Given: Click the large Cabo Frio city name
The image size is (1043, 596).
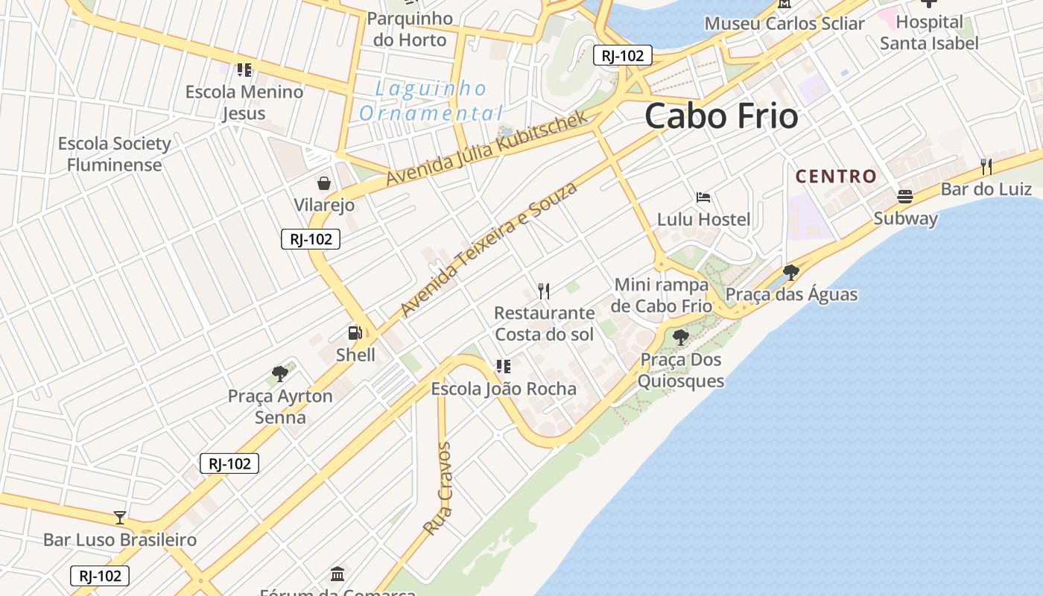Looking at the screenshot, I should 720,116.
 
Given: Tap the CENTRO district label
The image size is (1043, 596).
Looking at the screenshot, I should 836,177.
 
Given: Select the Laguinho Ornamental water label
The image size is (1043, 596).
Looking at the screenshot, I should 431,101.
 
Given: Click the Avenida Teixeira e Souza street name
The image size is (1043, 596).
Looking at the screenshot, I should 489,249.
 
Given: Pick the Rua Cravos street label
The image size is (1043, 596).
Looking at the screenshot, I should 437,489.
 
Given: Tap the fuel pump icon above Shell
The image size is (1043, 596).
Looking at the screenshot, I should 355,333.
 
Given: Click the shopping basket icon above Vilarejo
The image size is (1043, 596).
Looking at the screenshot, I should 324,183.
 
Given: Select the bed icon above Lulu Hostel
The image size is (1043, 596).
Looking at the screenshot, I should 703,197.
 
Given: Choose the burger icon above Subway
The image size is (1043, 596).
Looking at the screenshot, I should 905,197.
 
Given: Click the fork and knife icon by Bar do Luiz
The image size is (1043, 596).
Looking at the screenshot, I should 986,166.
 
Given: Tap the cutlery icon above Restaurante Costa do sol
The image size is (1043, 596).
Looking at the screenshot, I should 544,291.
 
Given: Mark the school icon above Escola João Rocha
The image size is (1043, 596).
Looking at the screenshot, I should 504,367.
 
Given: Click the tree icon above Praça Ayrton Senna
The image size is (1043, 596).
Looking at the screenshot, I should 280,373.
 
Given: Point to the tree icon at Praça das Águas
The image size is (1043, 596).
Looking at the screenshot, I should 791,272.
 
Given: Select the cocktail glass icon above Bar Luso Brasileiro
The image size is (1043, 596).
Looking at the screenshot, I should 119,517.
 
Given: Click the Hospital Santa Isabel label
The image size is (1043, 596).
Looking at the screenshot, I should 929,33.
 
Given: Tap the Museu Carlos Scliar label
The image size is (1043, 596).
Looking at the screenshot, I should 784,24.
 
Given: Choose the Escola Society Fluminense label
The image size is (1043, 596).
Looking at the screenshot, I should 114,154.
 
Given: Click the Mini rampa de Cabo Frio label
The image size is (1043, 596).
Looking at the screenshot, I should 662,295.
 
